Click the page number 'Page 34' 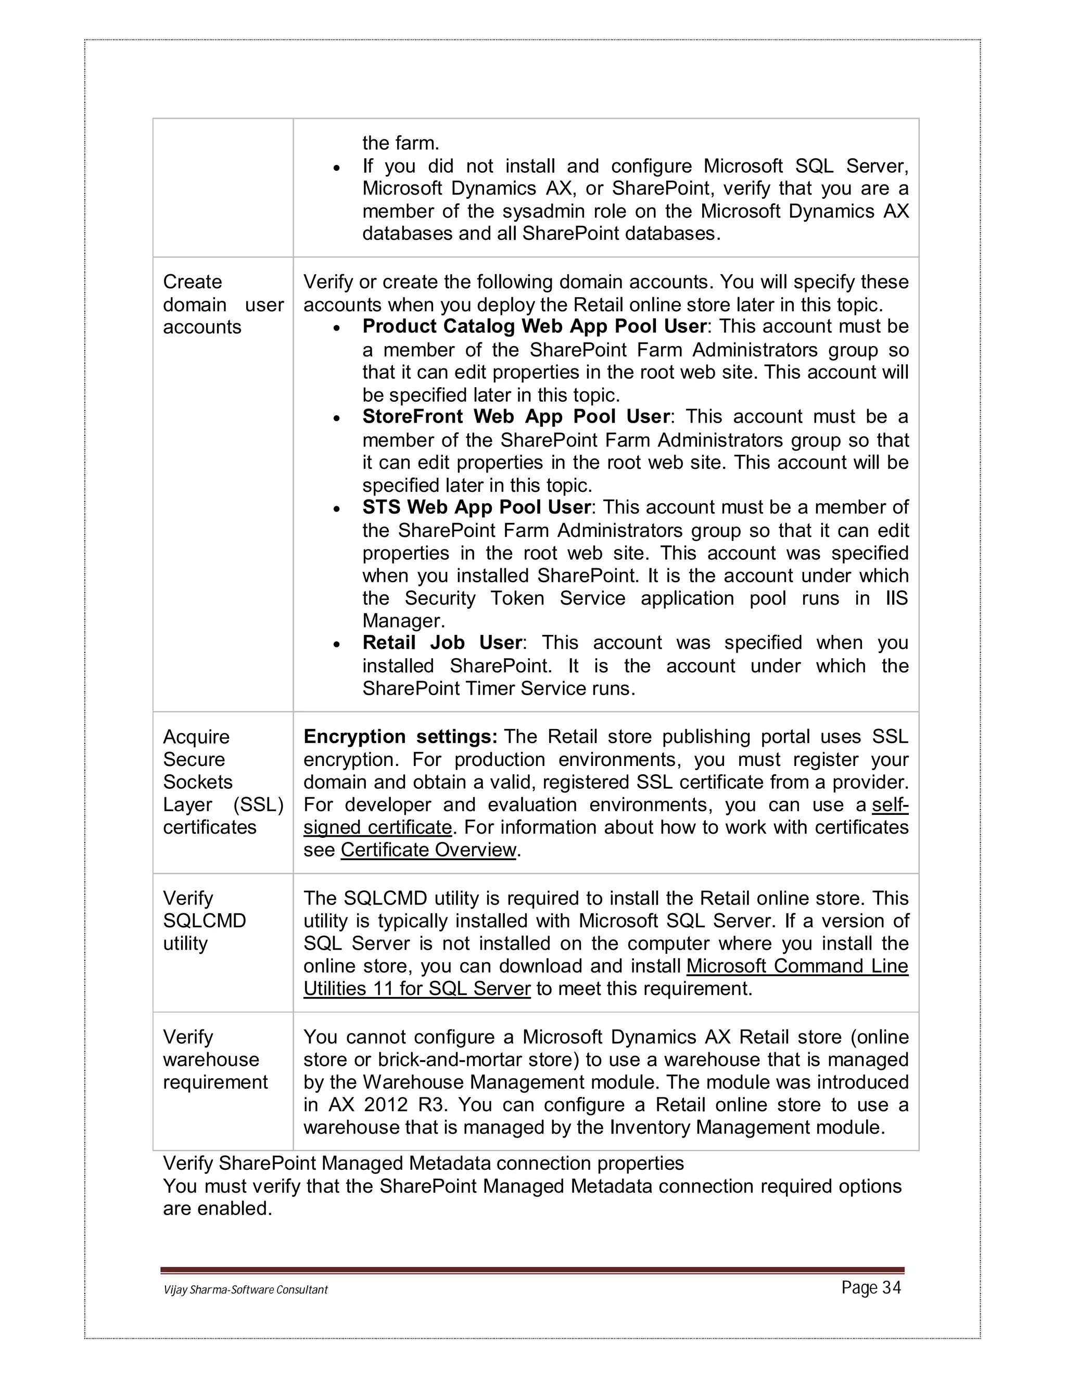(871, 1287)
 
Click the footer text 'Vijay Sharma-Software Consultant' (246, 1290)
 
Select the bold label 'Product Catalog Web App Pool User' (534, 326)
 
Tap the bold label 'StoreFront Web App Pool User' (515, 417)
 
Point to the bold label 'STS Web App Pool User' (477, 507)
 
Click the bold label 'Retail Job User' (442, 643)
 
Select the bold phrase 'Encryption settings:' (400, 737)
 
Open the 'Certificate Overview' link (428, 850)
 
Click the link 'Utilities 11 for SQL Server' (417, 988)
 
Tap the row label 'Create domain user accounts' (223, 304)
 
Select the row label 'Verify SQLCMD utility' (204, 921)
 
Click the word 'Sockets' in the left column (198, 782)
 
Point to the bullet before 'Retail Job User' (337, 645)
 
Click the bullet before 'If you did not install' (337, 169)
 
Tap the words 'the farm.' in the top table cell (400, 143)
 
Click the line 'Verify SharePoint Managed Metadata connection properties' (423, 1163)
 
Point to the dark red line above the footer (532, 1270)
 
